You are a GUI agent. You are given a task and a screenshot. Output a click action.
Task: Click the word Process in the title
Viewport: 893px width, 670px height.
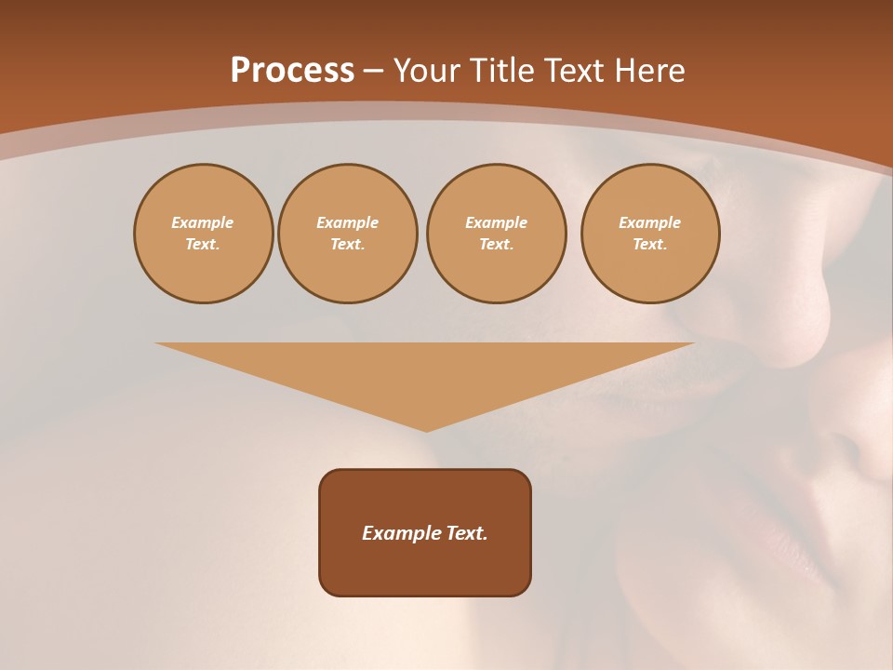292,71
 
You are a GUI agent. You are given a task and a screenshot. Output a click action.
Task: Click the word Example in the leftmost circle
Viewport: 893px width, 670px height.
203,222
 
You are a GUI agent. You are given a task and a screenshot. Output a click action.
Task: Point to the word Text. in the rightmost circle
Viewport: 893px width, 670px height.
650,244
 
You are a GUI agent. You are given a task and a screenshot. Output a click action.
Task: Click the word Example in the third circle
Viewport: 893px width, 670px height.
497,222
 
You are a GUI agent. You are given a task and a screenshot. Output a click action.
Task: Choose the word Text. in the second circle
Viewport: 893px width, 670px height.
348,244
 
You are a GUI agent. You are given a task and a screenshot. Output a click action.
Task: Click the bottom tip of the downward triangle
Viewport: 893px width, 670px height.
426,430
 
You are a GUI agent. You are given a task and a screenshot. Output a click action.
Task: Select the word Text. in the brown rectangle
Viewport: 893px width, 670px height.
468,533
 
